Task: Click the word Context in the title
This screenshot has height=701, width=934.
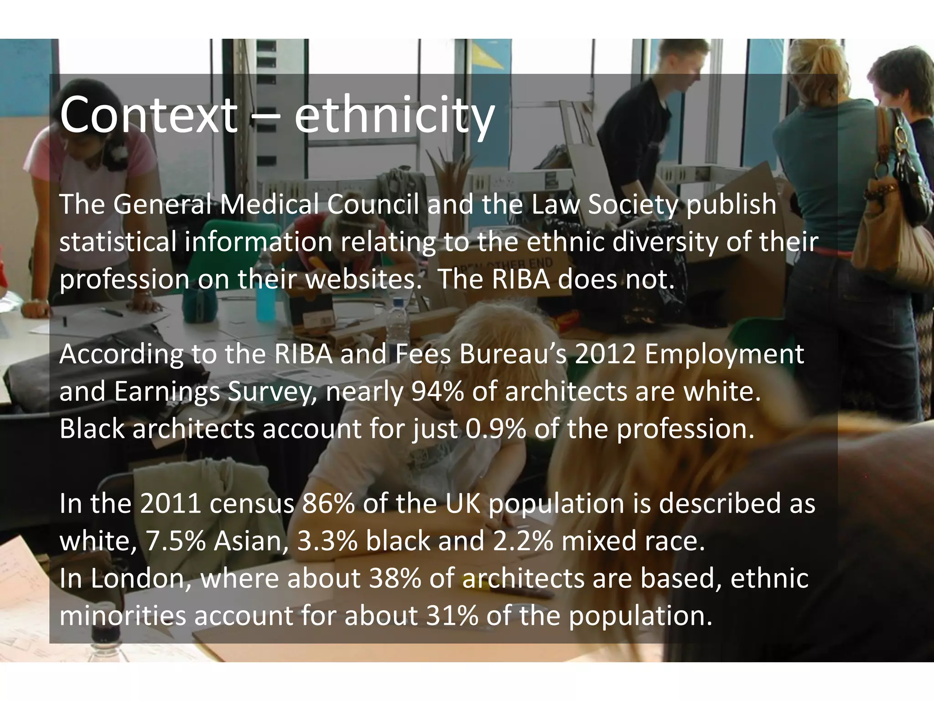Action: tap(148, 114)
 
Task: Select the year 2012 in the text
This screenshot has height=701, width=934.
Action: tap(605, 354)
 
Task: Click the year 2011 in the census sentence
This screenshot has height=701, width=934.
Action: tap(171, 503)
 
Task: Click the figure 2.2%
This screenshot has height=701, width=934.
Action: tap(523, 541)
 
